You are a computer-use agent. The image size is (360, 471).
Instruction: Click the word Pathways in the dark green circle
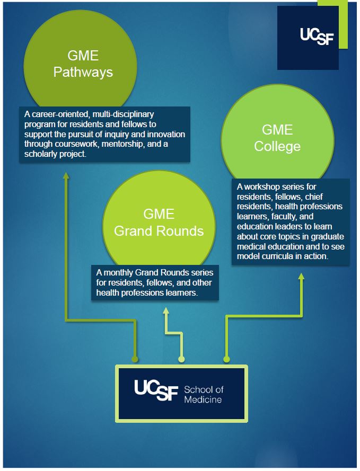[83, 72]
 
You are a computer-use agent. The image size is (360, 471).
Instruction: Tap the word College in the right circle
[277, 146]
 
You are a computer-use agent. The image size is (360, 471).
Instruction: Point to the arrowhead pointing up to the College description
[301, 277]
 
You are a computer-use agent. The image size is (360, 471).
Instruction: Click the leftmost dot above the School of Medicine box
[135, 359]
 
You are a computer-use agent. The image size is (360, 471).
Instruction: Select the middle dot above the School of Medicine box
[181, 359]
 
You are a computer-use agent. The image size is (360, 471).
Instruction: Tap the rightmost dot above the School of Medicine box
[226, 359]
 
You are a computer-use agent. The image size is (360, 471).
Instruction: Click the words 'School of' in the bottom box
[201, 390]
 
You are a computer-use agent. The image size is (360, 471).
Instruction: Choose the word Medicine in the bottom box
[203, 399]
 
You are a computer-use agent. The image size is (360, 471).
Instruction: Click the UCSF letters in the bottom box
[156, 391]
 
